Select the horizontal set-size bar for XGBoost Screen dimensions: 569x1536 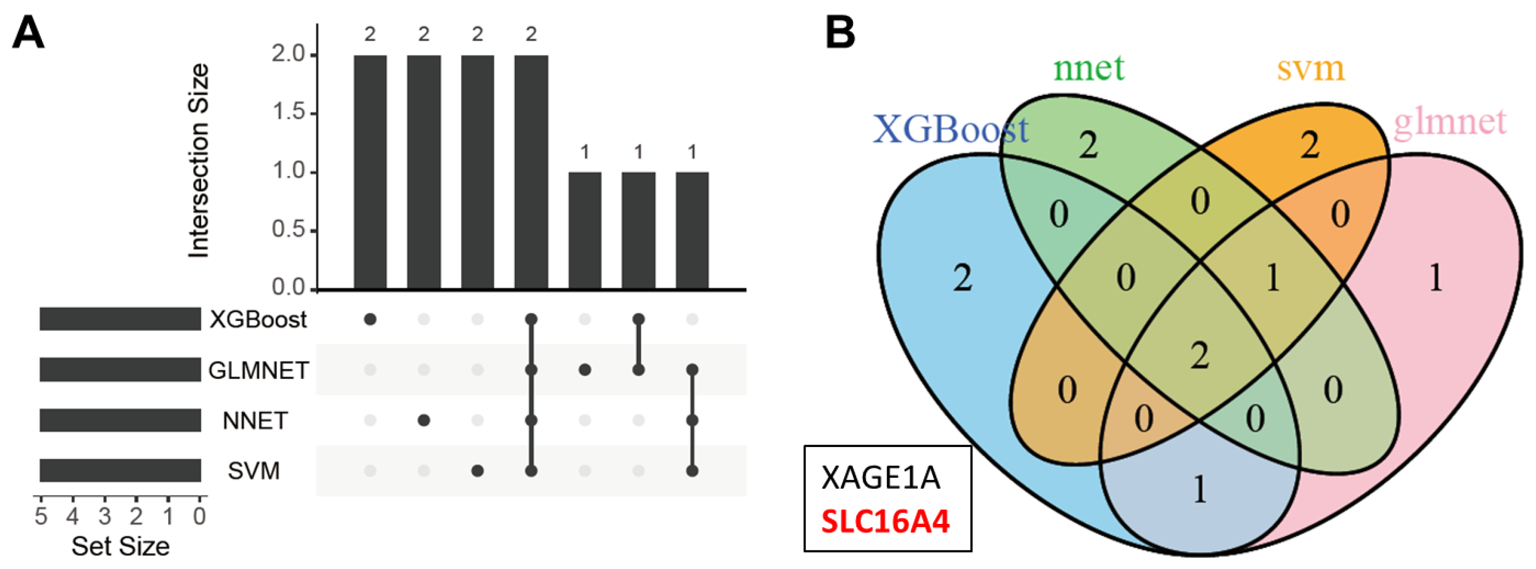tap(120, 319)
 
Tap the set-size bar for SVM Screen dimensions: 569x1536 tap(120, 471)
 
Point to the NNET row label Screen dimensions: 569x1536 tap(255, 421)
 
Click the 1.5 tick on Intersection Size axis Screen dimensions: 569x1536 tap(289, 113)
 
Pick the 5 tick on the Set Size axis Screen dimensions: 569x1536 tap(41, 515)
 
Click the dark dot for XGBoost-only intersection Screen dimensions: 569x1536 tap(370, 320)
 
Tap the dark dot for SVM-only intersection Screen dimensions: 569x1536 tap(477, 471)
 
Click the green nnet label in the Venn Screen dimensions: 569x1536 tap(1088, 68)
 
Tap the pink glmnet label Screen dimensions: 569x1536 tap(1449, 122)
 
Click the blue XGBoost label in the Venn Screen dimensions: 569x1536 tap(950, 129)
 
